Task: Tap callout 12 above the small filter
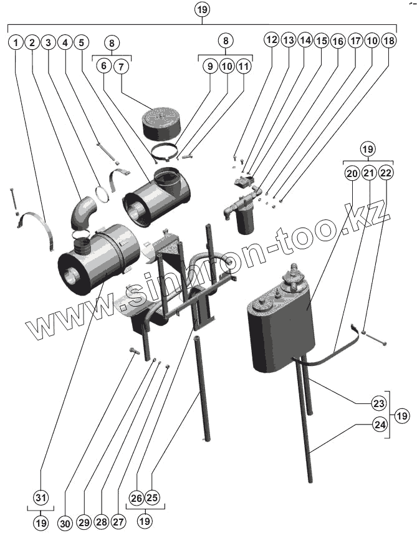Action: (271, 39)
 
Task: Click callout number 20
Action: (352, 173)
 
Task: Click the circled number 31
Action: (41, 497)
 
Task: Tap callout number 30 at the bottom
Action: (65, 521)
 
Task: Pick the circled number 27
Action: (118, 521)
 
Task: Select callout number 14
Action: (305, 40)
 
